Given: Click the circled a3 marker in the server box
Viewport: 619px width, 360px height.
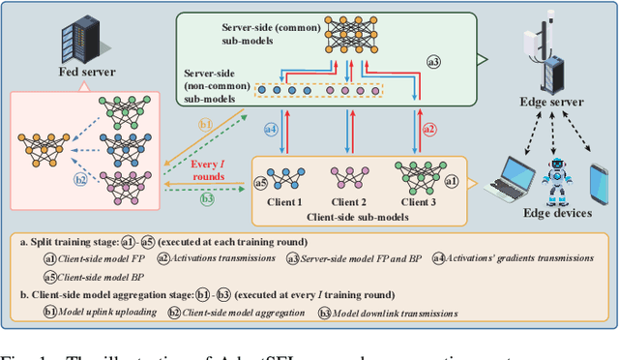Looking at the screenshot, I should pos(433,61).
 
